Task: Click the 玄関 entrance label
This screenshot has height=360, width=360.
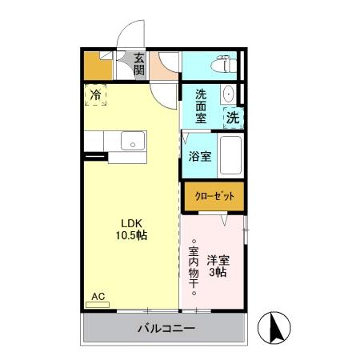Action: click(139, 63)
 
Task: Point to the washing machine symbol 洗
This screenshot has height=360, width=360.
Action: click(232, 117)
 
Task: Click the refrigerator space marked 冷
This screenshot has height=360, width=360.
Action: click(96, 95)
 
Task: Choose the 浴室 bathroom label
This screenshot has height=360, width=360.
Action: click(200, 156)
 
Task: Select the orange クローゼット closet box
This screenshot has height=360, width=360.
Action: click(213, 195)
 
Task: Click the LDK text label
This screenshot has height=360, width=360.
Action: click(131, 223)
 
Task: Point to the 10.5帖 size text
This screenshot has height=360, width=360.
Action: click(131, 236)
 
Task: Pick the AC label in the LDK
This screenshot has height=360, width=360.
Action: click(97, 297)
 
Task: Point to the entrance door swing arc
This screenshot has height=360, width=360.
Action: click(127, 39)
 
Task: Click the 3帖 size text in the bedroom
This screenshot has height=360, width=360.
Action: click(218, 272)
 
